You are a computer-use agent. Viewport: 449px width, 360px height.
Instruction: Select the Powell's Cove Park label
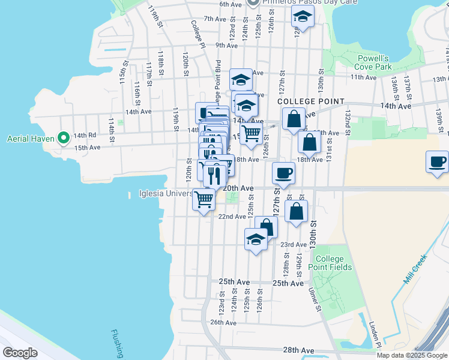375,62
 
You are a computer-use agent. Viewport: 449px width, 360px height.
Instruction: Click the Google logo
20,352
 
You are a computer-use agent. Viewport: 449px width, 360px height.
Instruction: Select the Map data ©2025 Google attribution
411,355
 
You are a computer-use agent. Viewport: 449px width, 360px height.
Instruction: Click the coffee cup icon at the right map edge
437,162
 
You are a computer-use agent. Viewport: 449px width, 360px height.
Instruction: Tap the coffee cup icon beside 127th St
284,173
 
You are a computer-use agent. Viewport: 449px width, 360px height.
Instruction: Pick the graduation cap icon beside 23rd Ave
256,240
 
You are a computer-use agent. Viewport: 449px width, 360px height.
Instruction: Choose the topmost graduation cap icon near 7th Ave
303,18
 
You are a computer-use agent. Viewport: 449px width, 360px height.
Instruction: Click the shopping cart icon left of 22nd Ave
204,199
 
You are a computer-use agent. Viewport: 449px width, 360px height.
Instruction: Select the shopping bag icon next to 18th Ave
310,143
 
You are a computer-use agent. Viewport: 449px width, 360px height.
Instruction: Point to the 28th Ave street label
299,350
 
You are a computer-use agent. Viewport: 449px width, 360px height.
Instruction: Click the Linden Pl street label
375,334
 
